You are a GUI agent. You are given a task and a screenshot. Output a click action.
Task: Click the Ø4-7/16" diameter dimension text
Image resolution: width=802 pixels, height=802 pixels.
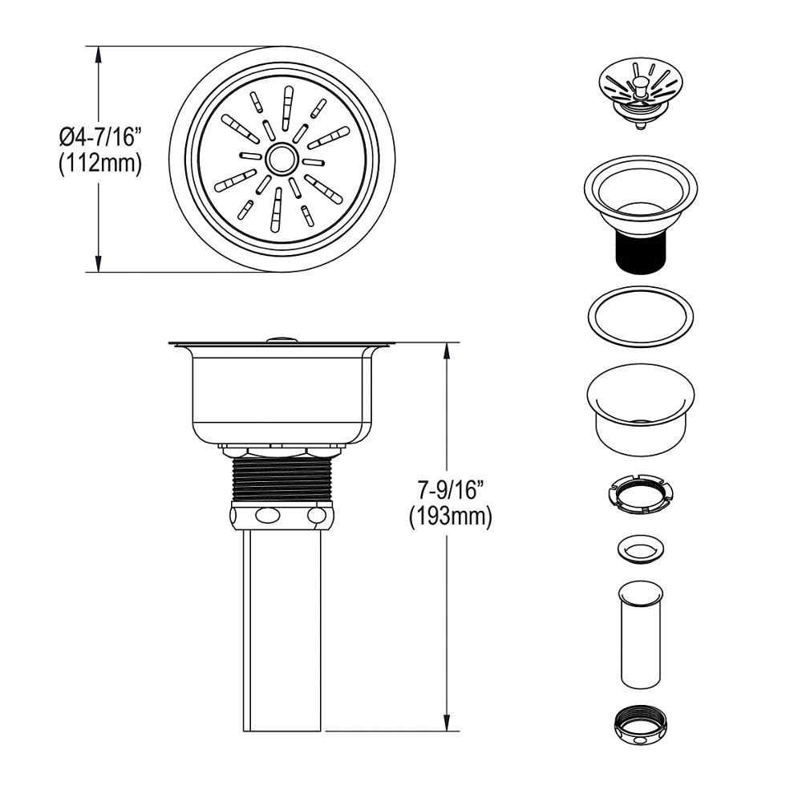[100, 138]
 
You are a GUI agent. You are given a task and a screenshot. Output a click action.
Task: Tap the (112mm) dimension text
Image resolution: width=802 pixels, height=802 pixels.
[100, 164]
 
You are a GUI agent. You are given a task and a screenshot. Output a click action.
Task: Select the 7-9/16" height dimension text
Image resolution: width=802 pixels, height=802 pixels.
[450, 491]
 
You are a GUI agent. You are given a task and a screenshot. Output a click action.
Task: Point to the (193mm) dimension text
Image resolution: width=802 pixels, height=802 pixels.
[450, 517]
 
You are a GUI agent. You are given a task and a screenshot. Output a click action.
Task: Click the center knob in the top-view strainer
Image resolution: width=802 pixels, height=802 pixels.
[280, 159]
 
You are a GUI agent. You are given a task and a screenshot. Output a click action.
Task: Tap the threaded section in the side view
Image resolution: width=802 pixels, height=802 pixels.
[282, 480]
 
